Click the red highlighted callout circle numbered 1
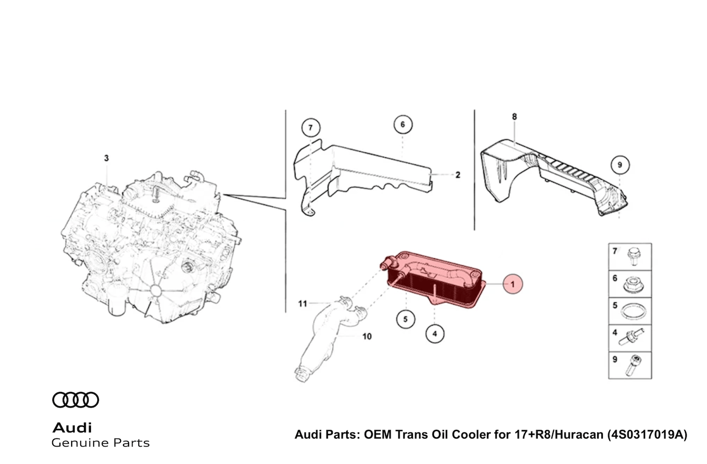click(512, 284)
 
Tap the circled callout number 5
click(405, 319)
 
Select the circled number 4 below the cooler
click(434, 334)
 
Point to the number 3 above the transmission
click(106, 158)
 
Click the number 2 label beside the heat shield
click(457, 175)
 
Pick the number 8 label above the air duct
click(514, 116)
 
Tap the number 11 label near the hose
click(303, 304)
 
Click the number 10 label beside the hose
click(367, 336)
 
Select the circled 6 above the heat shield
click(403, 125)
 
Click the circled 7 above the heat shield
click(310, 128)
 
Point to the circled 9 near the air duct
click(619, 165)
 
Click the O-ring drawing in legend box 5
click(632, 311)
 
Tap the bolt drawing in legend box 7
click(633, 257)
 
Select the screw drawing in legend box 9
click(632, 365)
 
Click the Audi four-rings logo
click(75, 400)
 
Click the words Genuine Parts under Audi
click(100, 443)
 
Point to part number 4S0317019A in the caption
click(646, 434)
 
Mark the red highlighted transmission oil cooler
click(434, 278)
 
